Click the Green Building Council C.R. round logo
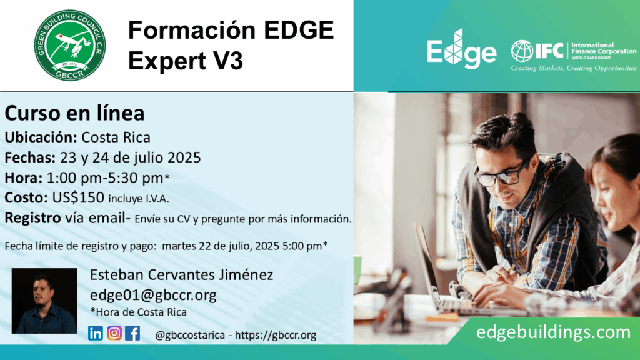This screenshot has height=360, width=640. click(x=70, y=45)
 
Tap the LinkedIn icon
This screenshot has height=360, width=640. click(x=96, y=334)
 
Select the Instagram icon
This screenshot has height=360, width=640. click(x=114, y=334)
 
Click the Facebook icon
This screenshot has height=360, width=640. click(x=132, y=334)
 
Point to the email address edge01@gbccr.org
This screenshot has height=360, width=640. click(x=153, y=295)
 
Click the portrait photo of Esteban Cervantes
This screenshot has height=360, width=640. click(x=44, y=301)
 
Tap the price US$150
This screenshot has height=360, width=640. click(x=78, y=197)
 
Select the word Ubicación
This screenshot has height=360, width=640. click(x=41, y=137)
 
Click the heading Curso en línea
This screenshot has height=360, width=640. click(x=75, y=113)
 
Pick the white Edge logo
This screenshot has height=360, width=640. click(x=462, y=49)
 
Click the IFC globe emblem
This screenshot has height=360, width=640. click(x=522, y=51)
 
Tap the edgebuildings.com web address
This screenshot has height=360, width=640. click(x=553, y=332)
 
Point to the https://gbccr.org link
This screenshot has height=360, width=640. click(x=276, y=335)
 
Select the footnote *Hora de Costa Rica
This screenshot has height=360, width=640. click(x=138, y=312)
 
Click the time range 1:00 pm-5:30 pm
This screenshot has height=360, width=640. click(x=105, y=178)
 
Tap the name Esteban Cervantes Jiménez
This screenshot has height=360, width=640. click(x=182, y=275)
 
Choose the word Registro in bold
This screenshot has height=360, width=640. click(x=32, y=218)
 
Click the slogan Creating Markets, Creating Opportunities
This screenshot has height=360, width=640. click(x=574, y=68)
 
